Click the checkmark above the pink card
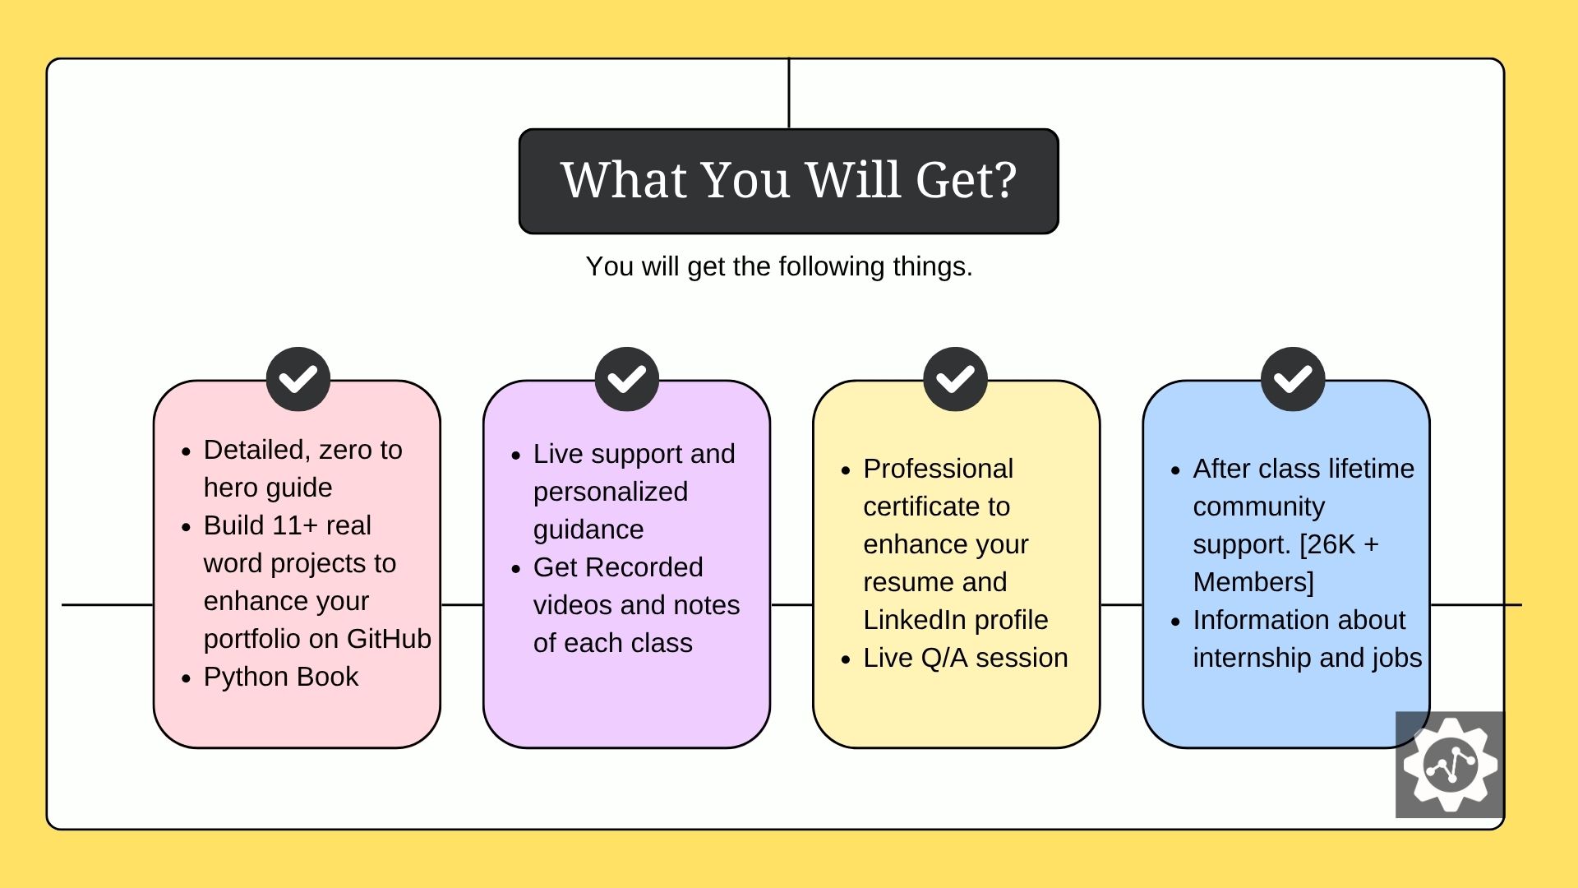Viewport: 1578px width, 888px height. click(x=298, y=379)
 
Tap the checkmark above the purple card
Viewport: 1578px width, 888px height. click(x=627, y=379)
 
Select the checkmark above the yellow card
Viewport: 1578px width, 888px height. click(x=955, y=379)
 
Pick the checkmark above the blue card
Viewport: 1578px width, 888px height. click(x=1293, y=379)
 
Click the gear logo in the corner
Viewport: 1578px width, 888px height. click(x=1450, y=764)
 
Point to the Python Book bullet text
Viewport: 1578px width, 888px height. click(x=280, y=677)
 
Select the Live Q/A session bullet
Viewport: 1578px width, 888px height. click(x=965, y=658)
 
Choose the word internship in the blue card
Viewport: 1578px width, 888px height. click(x=1252, y=658)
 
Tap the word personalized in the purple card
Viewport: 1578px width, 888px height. click(x=610, y=492)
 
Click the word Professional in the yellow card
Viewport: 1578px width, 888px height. click(x=938, y=469)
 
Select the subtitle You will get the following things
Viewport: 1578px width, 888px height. click(x=778, y=266)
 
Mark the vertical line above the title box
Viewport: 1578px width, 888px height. click(x=789, y=93)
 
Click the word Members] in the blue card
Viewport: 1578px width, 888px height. click(x=1253, y=582)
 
